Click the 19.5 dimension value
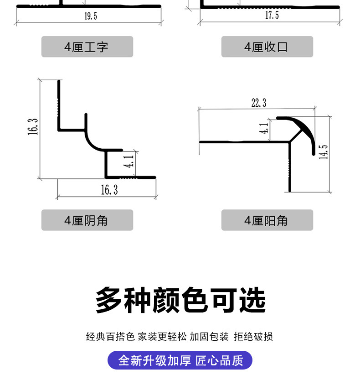click(90, 16)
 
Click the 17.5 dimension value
click(272, 16)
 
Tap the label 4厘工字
click(87, 47)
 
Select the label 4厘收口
click(267, 47)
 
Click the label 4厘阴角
click(87, 220)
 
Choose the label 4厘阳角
click(267, 220)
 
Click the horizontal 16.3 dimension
click(109, 190)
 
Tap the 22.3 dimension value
click(258, 103)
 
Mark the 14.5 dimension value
click(324, 152)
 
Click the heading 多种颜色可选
click(180, 300)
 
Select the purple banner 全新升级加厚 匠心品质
click(180, 360)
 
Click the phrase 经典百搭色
click(110, 337)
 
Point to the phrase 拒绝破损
click(253, 337)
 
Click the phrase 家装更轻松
click(162, 337)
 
